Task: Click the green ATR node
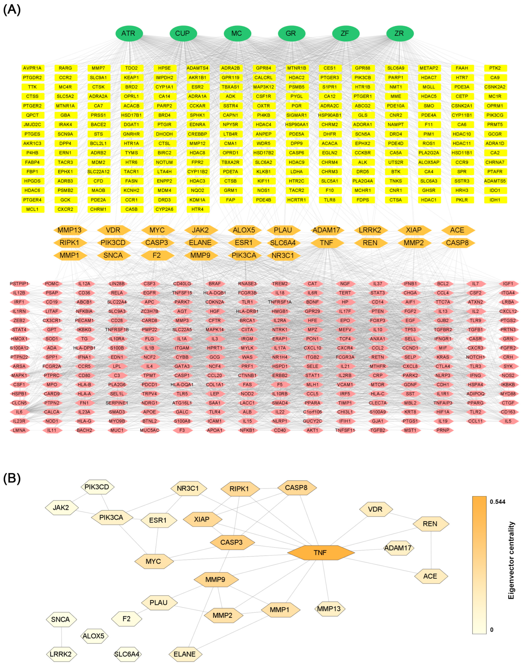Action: [129, 33]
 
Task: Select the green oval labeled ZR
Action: [400, 33]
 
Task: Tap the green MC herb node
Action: [237, 33]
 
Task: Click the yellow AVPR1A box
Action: [32, 68]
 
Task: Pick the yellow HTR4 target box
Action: [197, 209]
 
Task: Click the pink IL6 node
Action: [19, 412]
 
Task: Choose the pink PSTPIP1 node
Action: [19, 284]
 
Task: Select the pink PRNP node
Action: [443, 430]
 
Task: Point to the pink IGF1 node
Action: [508, 284]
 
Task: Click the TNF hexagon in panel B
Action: [320, 552]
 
